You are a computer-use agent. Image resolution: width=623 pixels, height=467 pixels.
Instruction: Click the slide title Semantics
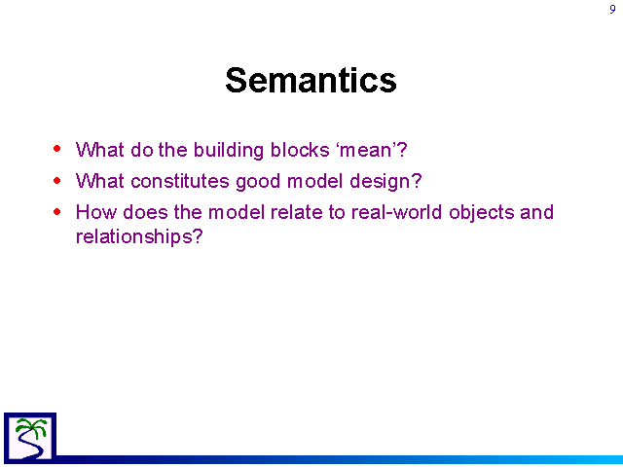(x=311, y=80)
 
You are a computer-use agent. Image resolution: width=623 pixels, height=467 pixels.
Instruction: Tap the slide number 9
(x=612, y=9)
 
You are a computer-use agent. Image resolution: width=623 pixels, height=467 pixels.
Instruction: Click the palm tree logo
(x=30, y=437)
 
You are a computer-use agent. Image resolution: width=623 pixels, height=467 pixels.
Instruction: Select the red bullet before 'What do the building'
(x=57, y=149)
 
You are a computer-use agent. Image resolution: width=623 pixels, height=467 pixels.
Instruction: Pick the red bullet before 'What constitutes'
(x=57, y=180)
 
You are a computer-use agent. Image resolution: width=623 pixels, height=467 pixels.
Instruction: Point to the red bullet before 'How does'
(x=57, y=212)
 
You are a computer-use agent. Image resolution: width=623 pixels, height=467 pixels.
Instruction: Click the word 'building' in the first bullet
(x=229, y=151)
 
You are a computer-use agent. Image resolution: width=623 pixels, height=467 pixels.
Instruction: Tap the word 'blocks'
(x=300, y=150)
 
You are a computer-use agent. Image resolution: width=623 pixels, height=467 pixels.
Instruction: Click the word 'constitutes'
(x=180, y=181)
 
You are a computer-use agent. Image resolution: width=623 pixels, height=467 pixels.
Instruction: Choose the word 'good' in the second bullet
(x=258, y=182)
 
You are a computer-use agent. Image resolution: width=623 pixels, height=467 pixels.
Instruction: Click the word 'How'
(x=96, y=212)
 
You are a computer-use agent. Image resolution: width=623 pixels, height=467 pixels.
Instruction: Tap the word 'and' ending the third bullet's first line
(x=536, y=212)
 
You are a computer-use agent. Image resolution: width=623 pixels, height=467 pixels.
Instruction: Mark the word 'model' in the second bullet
(x=314, y=181)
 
